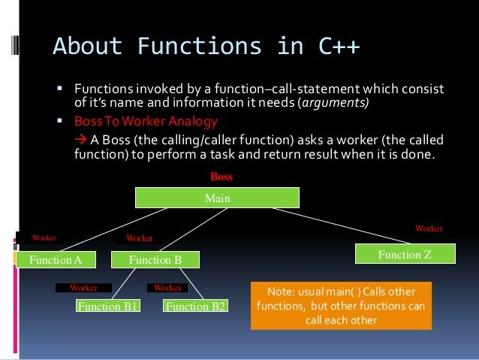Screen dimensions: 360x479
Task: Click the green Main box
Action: (x=217, y=198)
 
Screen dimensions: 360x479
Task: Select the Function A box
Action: (x=55, y=260)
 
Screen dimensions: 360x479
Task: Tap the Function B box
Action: (x=155, y=260)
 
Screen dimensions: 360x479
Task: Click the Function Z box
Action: (x=405, y=255)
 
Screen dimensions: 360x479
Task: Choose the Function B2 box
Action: (x=196, y=306)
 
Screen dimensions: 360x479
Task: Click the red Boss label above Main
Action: (x=221, y=177)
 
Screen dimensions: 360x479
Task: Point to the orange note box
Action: (x=342, y=305)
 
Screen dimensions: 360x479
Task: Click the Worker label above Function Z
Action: (x=429, y=227)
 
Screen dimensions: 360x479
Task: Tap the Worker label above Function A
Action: (x=43, y=237)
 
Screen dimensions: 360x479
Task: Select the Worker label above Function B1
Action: (x=83, y=287)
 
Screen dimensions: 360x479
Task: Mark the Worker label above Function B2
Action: (x=167, y=287)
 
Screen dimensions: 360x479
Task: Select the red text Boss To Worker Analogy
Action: (x=146, y=121)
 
